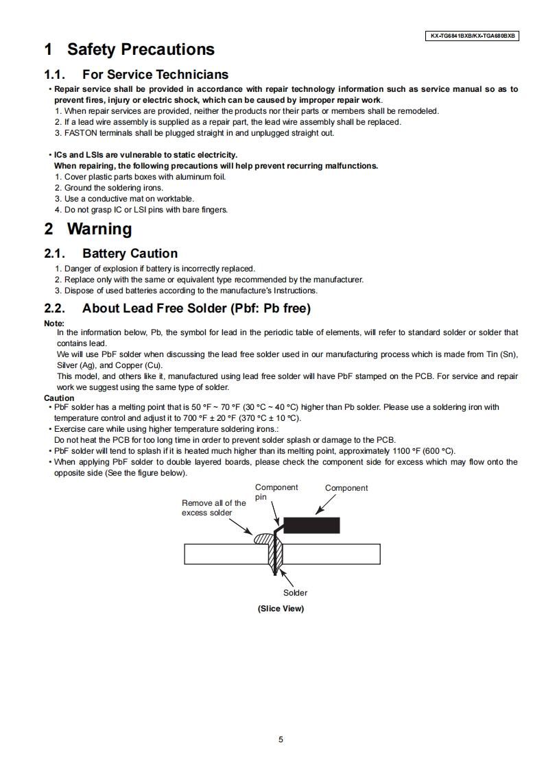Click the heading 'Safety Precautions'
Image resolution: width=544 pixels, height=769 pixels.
point(141,49)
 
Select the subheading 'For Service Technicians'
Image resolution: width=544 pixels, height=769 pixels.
point(155,74)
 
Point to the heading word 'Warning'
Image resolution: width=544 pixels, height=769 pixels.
point(99,229)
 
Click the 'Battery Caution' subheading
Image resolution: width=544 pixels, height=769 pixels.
point(130,254)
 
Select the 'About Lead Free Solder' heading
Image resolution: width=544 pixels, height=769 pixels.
point(196,308)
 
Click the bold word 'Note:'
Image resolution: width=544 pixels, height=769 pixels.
point(54,324)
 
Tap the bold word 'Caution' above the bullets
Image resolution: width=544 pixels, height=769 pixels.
point(59,398)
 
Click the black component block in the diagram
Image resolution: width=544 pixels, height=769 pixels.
point(311,525)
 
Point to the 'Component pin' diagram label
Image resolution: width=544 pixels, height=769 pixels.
point(276,491)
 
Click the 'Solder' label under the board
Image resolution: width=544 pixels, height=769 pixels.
point(295,593)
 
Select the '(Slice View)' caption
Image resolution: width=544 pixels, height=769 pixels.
point(281,609)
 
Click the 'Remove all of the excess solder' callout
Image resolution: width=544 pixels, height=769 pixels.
point(213,508)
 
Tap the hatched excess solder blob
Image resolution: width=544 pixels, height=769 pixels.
point(263,539)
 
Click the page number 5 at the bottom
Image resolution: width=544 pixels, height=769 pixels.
point(281,740)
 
